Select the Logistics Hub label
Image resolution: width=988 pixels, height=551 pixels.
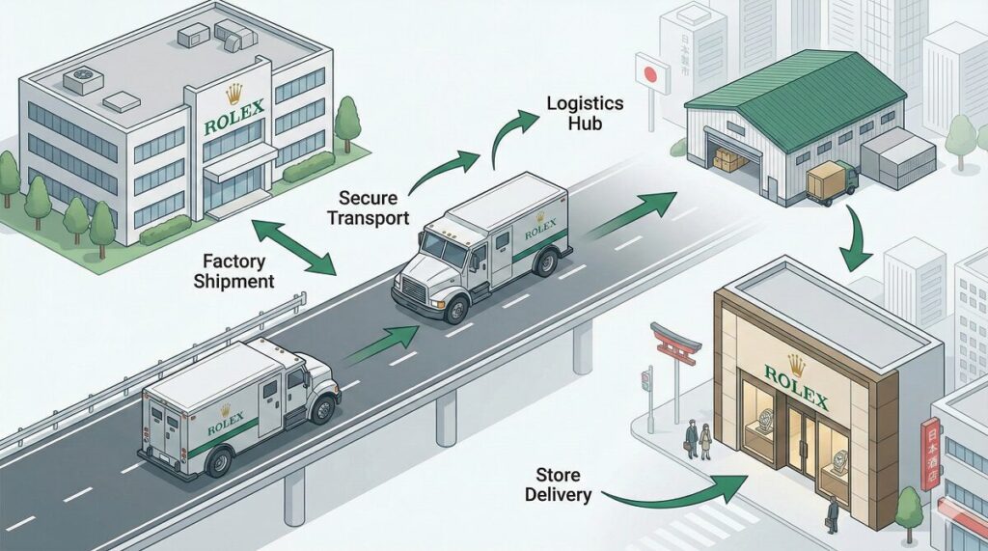pos(585,113)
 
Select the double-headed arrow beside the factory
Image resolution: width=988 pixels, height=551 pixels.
pos(292,246)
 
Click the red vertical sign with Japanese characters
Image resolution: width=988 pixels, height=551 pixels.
pos(931,455)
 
